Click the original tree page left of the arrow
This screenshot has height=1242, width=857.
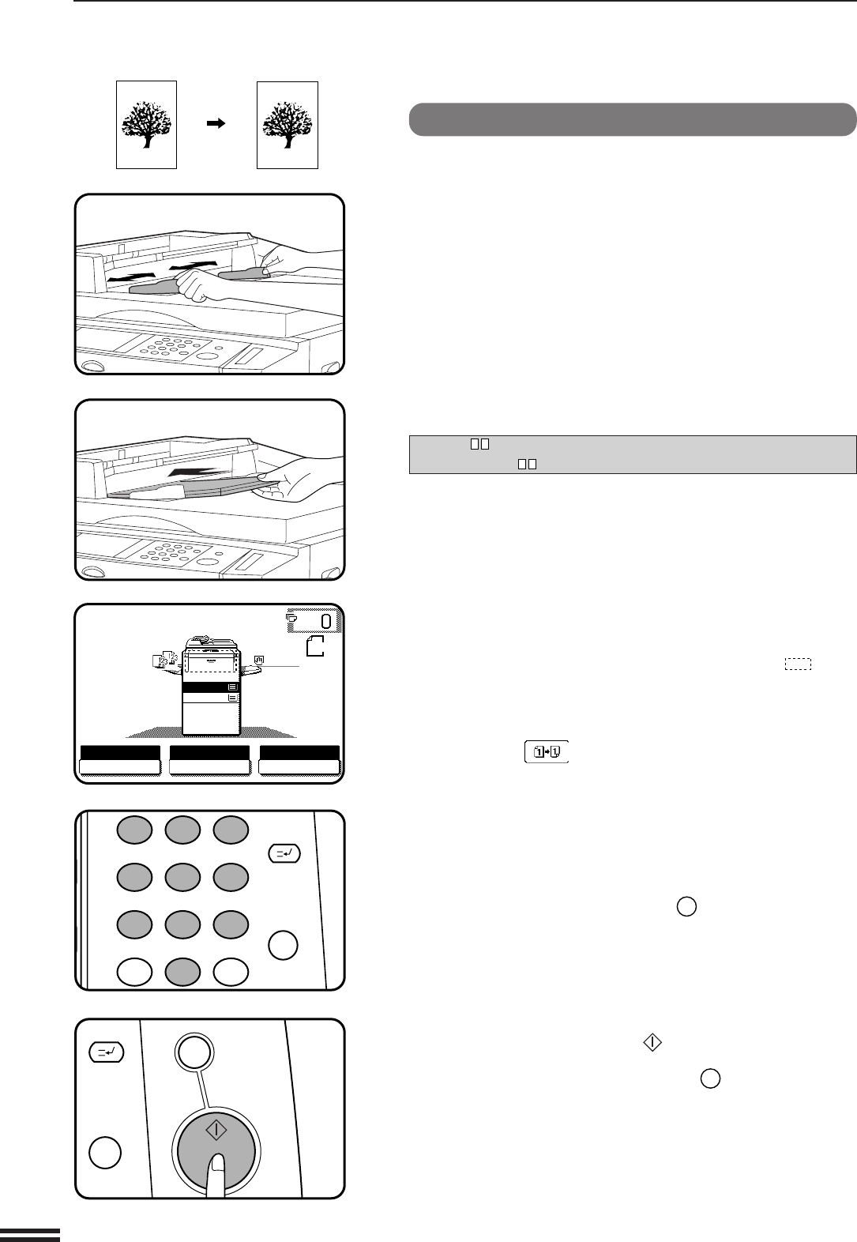coord(146,125)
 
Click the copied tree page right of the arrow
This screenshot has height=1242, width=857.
coord(288,125)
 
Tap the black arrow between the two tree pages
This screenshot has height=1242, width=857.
coord(216,123)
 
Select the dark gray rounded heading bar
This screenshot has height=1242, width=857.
coord(633,119)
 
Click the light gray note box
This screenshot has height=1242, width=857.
coord(633,454)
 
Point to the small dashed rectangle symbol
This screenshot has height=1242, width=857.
coord(798,664)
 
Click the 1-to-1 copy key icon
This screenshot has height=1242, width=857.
coord(547,752)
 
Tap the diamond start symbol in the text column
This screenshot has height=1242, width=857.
coord(652,1043)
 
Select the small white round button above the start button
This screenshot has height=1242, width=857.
coord(194,1052)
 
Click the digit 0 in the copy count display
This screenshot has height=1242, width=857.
coord(326,621)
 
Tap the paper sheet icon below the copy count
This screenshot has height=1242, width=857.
coord(315,646)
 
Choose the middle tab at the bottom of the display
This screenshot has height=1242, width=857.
coord(209,760)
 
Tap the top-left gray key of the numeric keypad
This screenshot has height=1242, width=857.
coord(135,830)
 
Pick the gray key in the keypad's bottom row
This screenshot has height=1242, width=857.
coord(182,972)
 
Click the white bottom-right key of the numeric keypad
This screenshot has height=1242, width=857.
coord(231,972)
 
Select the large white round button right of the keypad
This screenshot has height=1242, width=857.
coord(283,946)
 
